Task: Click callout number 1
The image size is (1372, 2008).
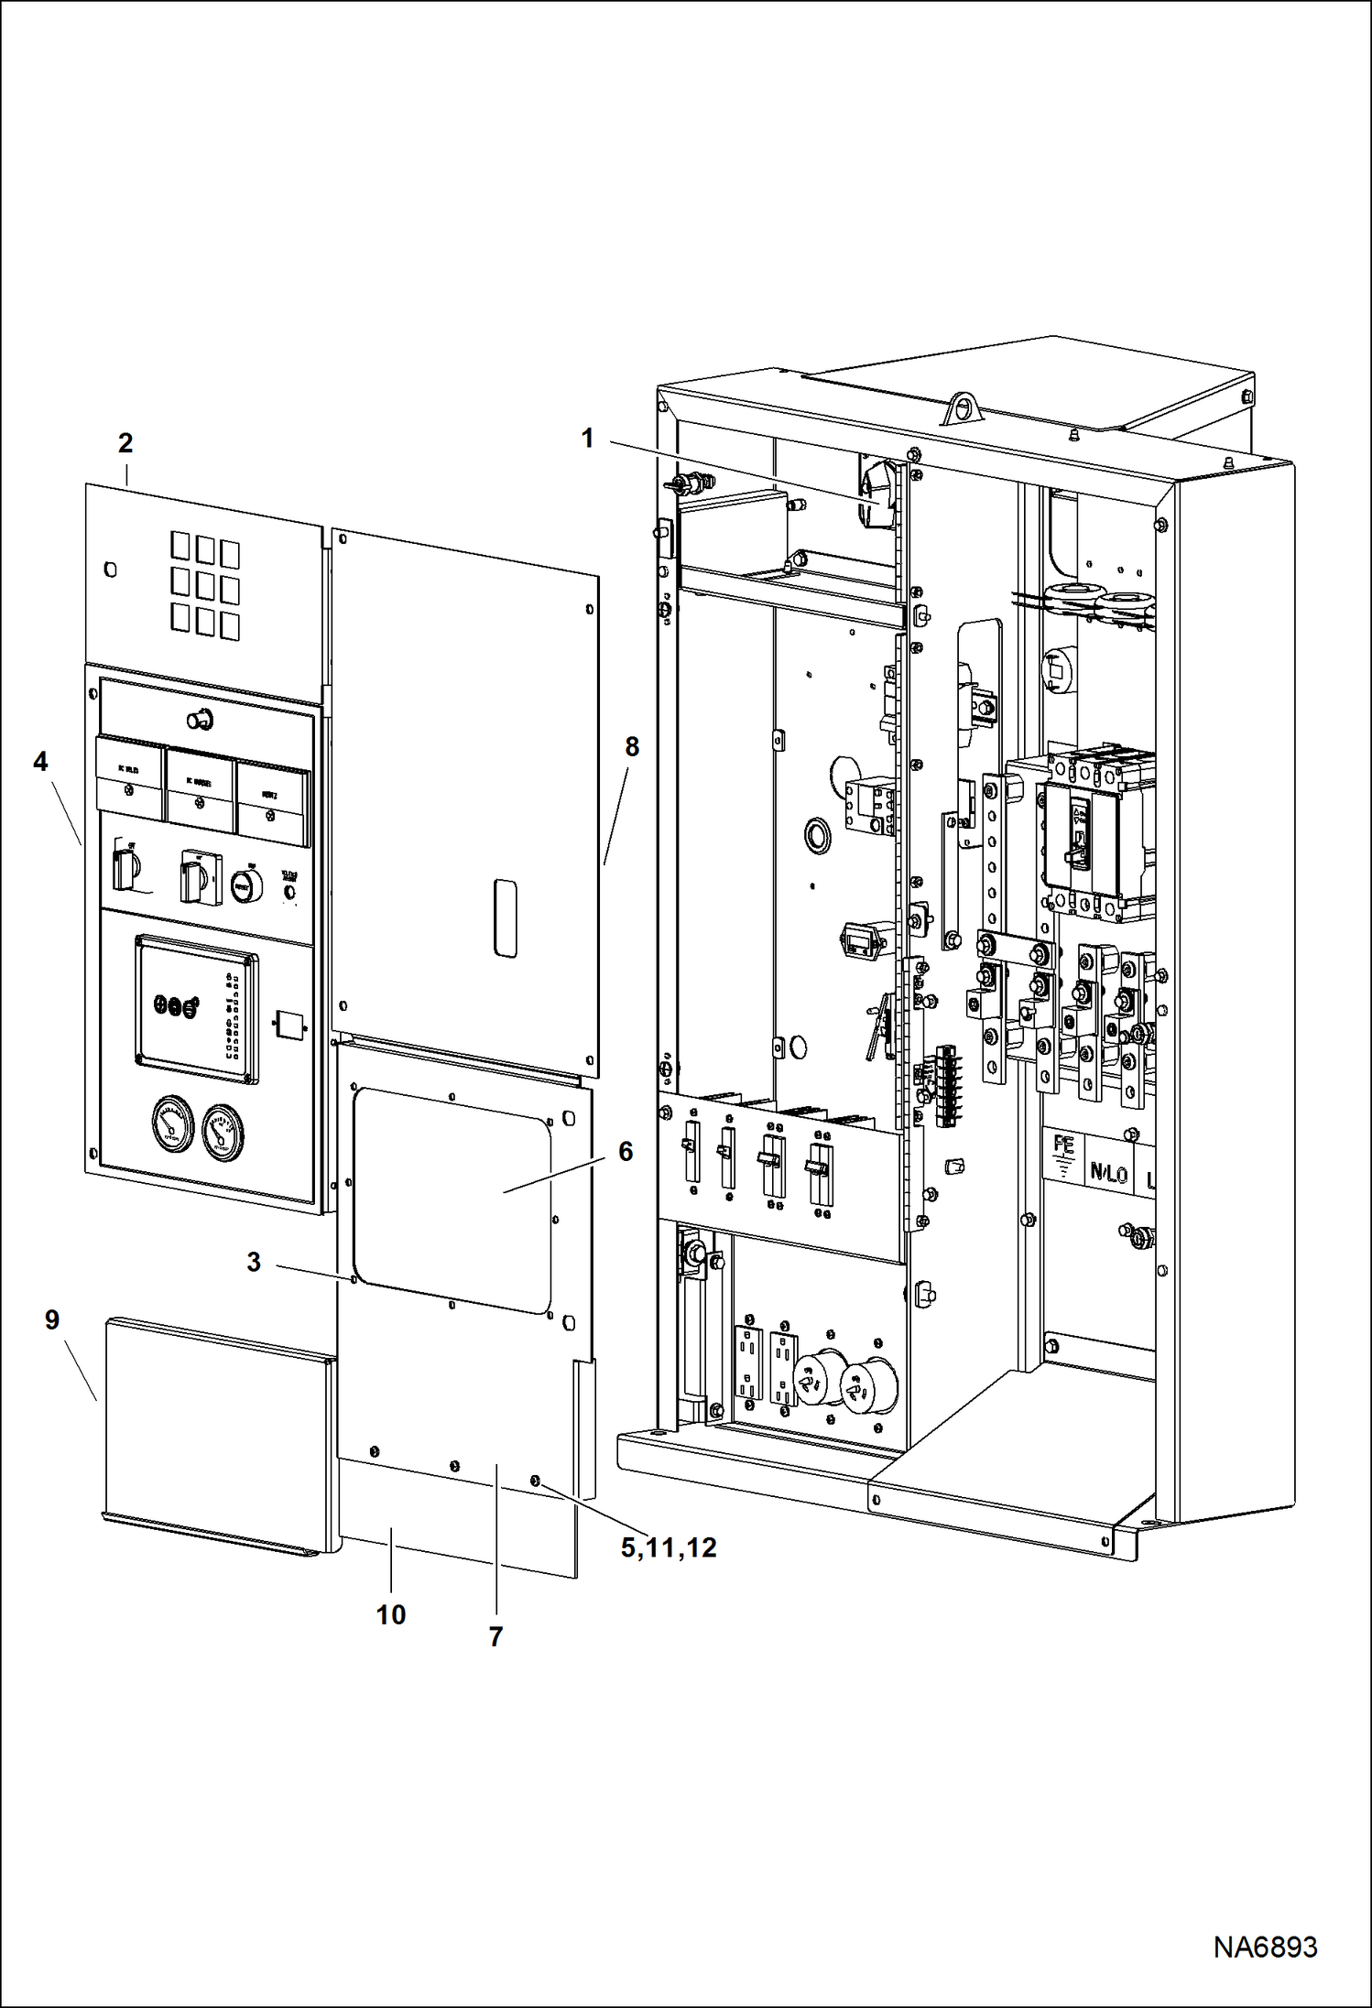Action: click(588, 439)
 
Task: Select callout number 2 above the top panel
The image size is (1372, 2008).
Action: click(125, 443)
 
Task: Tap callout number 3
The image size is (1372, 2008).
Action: click(254, 1262)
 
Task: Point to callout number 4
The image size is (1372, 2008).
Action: click(40, 762)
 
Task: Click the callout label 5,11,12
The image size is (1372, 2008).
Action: click(669, 1548)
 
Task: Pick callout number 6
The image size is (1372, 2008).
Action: click(626, 1151)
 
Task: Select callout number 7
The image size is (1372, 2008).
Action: click(495, 1636)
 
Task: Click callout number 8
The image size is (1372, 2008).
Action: click(632, 747)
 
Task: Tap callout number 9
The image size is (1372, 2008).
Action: click(52, 1319)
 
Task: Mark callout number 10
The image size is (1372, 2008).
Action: click(391, 1614)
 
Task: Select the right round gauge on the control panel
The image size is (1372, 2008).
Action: click(223, 1132)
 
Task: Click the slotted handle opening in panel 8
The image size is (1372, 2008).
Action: click(505, 918)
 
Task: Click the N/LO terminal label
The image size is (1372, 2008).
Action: click(1108, 1173)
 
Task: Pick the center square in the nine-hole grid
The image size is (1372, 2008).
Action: click(205, 584)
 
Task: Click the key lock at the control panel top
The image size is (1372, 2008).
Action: click(201, 719)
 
